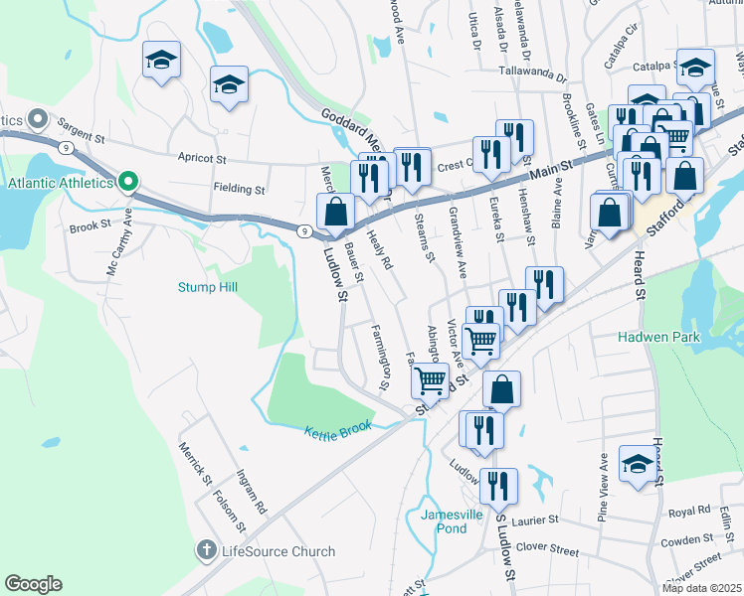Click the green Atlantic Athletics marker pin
[x=127, y=182]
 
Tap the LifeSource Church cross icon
[x=206, y=550]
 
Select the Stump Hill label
[x=208, y=287]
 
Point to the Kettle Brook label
[x=338, y=426]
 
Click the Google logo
[x=33, y=584]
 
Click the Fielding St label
[x=239, y=189]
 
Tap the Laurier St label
[x=534, y=520]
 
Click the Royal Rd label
[x=688, y=513]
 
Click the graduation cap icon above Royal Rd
[x=638, y=463]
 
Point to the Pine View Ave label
[x=603, y=488]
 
